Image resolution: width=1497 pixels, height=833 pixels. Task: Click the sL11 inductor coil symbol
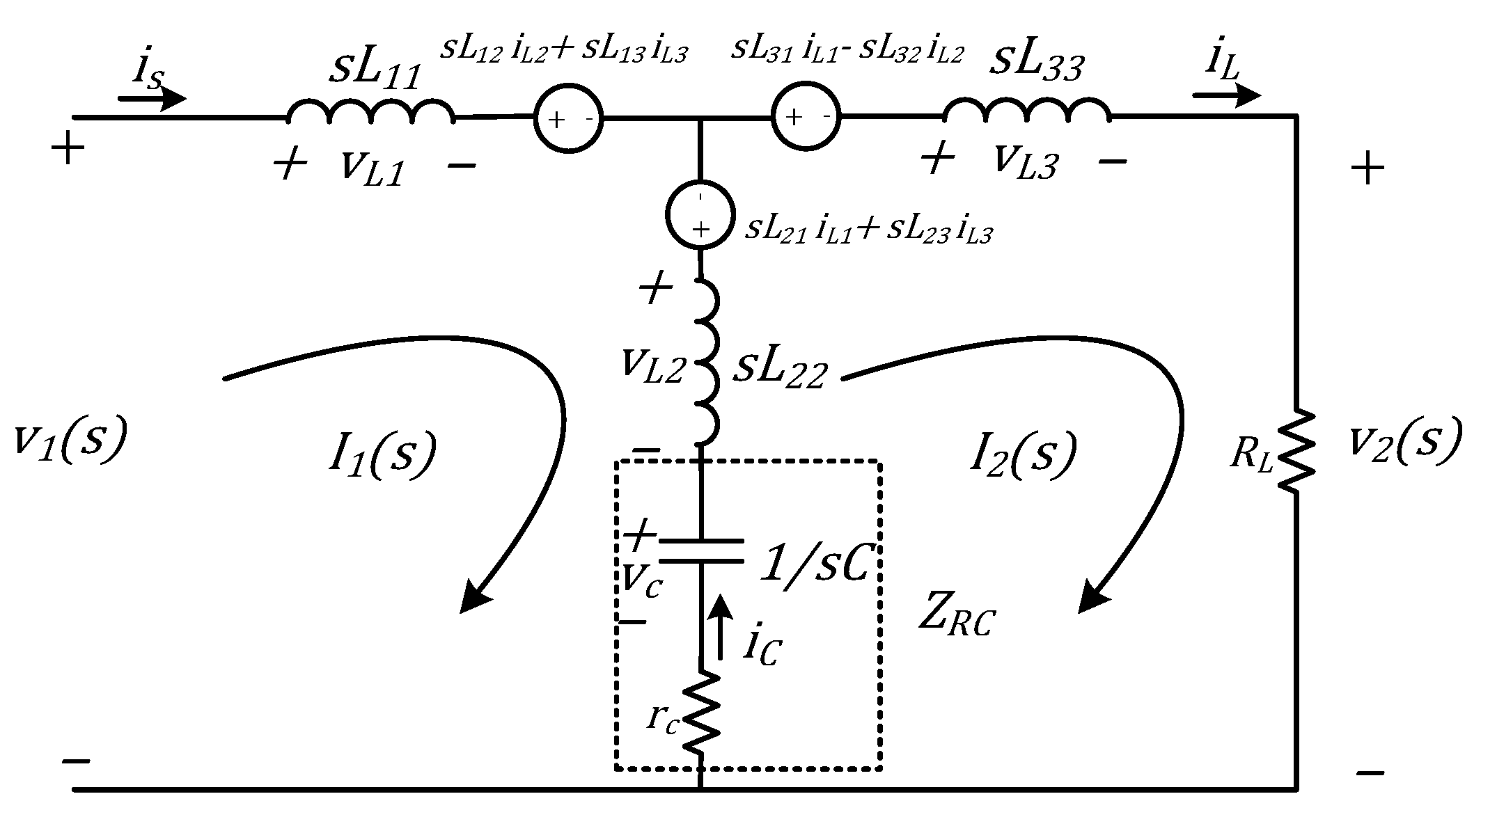370,112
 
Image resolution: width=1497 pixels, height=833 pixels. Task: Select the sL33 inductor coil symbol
1026,112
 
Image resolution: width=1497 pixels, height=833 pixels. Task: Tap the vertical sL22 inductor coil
706,362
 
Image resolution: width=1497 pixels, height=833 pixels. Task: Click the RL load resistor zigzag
1296,451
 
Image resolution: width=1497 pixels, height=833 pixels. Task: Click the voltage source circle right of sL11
568,119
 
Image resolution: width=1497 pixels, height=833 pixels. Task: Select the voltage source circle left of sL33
806,117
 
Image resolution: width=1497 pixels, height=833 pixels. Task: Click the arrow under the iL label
1226,95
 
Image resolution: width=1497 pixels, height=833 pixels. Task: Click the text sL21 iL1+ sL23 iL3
868,230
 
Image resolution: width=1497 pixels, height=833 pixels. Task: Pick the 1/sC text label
815,564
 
